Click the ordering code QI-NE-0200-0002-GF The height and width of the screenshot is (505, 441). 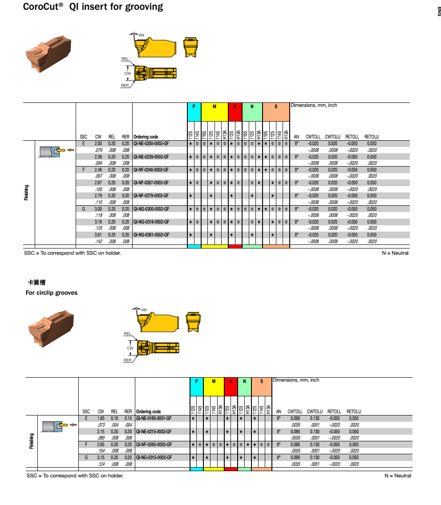coord(151,144)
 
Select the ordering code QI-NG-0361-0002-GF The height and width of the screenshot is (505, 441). coord(151,235)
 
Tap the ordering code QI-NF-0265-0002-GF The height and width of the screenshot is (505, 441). coord(154,444)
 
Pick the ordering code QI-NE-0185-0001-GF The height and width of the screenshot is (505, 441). coord(154,419)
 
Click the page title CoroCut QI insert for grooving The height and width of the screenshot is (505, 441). coord(93,7)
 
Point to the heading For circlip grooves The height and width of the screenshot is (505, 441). coord(52,293)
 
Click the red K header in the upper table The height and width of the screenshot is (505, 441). coord(235,107)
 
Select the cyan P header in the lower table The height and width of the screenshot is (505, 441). coord(197,382)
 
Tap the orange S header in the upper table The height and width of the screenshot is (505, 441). coord(276,107)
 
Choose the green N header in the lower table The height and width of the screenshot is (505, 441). coord(244,382)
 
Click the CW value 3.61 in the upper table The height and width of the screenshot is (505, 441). coord(98,235)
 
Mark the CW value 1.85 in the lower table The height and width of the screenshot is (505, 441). coord(101,419)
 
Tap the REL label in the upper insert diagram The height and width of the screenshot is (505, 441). coord(125,59)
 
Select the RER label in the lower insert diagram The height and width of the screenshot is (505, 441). coord(128,360)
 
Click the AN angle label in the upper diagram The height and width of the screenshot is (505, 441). coord(142,35)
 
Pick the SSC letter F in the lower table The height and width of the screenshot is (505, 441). coord(86,444)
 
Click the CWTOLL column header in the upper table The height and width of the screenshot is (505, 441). coord(313,137)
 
